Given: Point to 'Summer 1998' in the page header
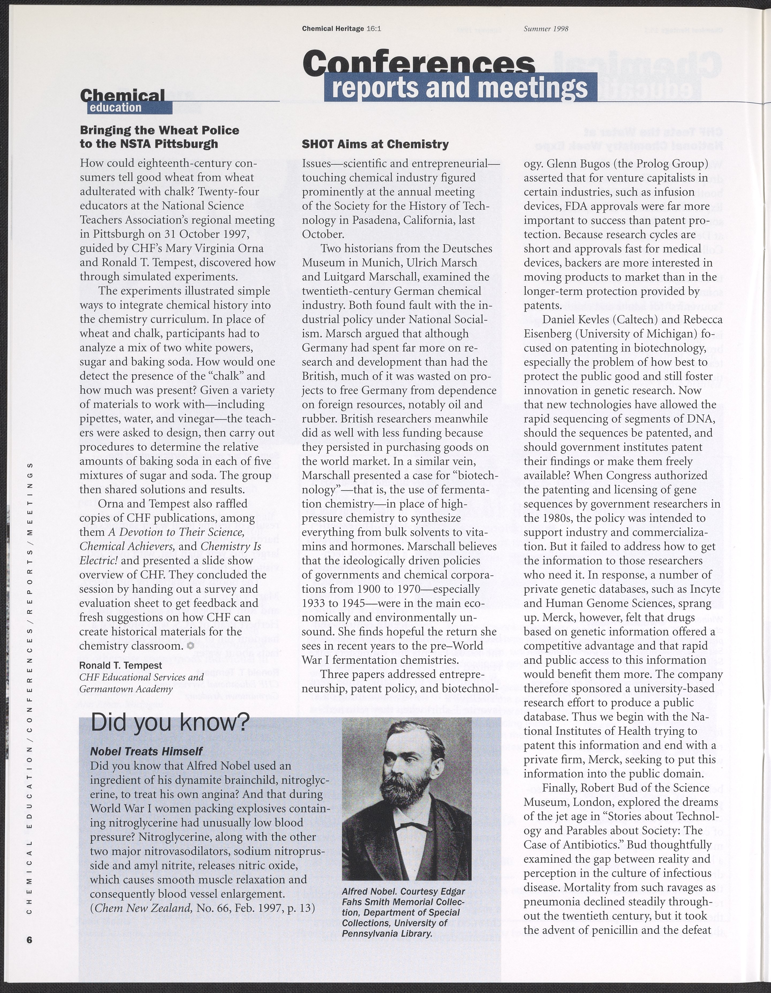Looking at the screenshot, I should coord(546,29).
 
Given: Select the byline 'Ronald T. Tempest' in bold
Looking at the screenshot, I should coord(120,665).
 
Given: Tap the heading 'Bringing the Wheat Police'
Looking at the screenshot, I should coord(159,130).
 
